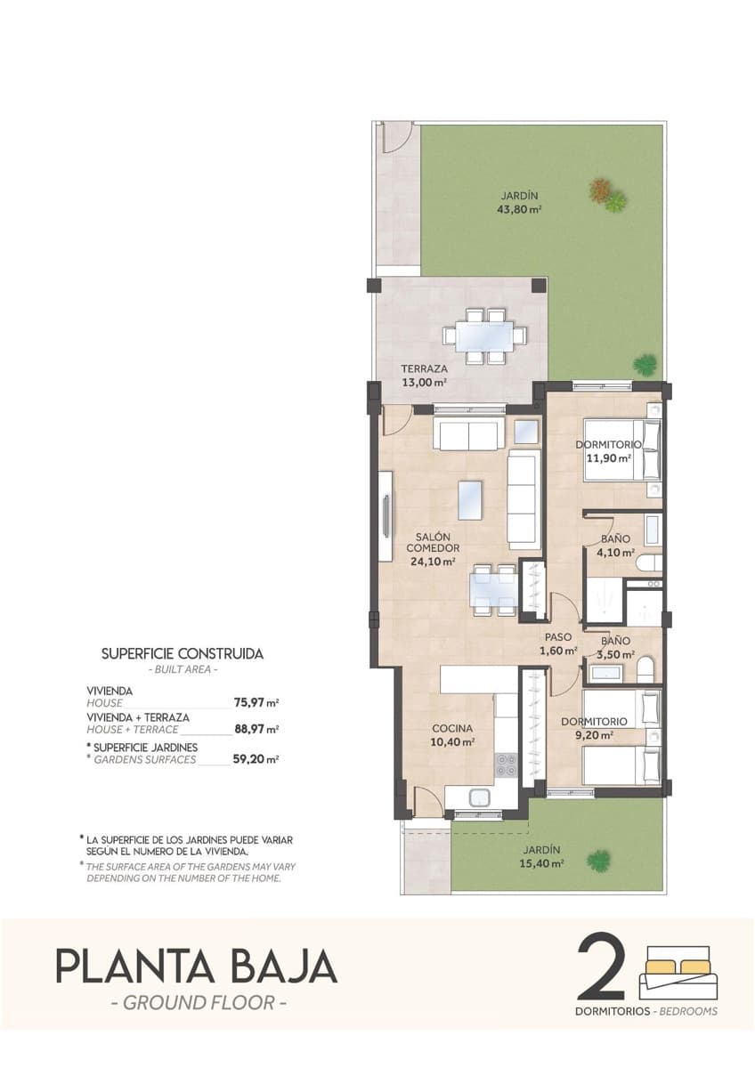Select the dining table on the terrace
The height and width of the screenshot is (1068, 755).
484,337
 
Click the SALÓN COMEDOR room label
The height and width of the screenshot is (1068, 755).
433,543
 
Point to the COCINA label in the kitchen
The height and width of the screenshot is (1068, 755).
452,728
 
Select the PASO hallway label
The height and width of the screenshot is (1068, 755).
558,637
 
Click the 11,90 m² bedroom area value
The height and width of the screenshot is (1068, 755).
608,459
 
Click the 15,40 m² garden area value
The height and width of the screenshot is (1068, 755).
543,863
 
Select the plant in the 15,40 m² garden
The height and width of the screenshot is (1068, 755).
599,860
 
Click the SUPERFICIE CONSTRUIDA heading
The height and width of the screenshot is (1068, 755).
183,653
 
